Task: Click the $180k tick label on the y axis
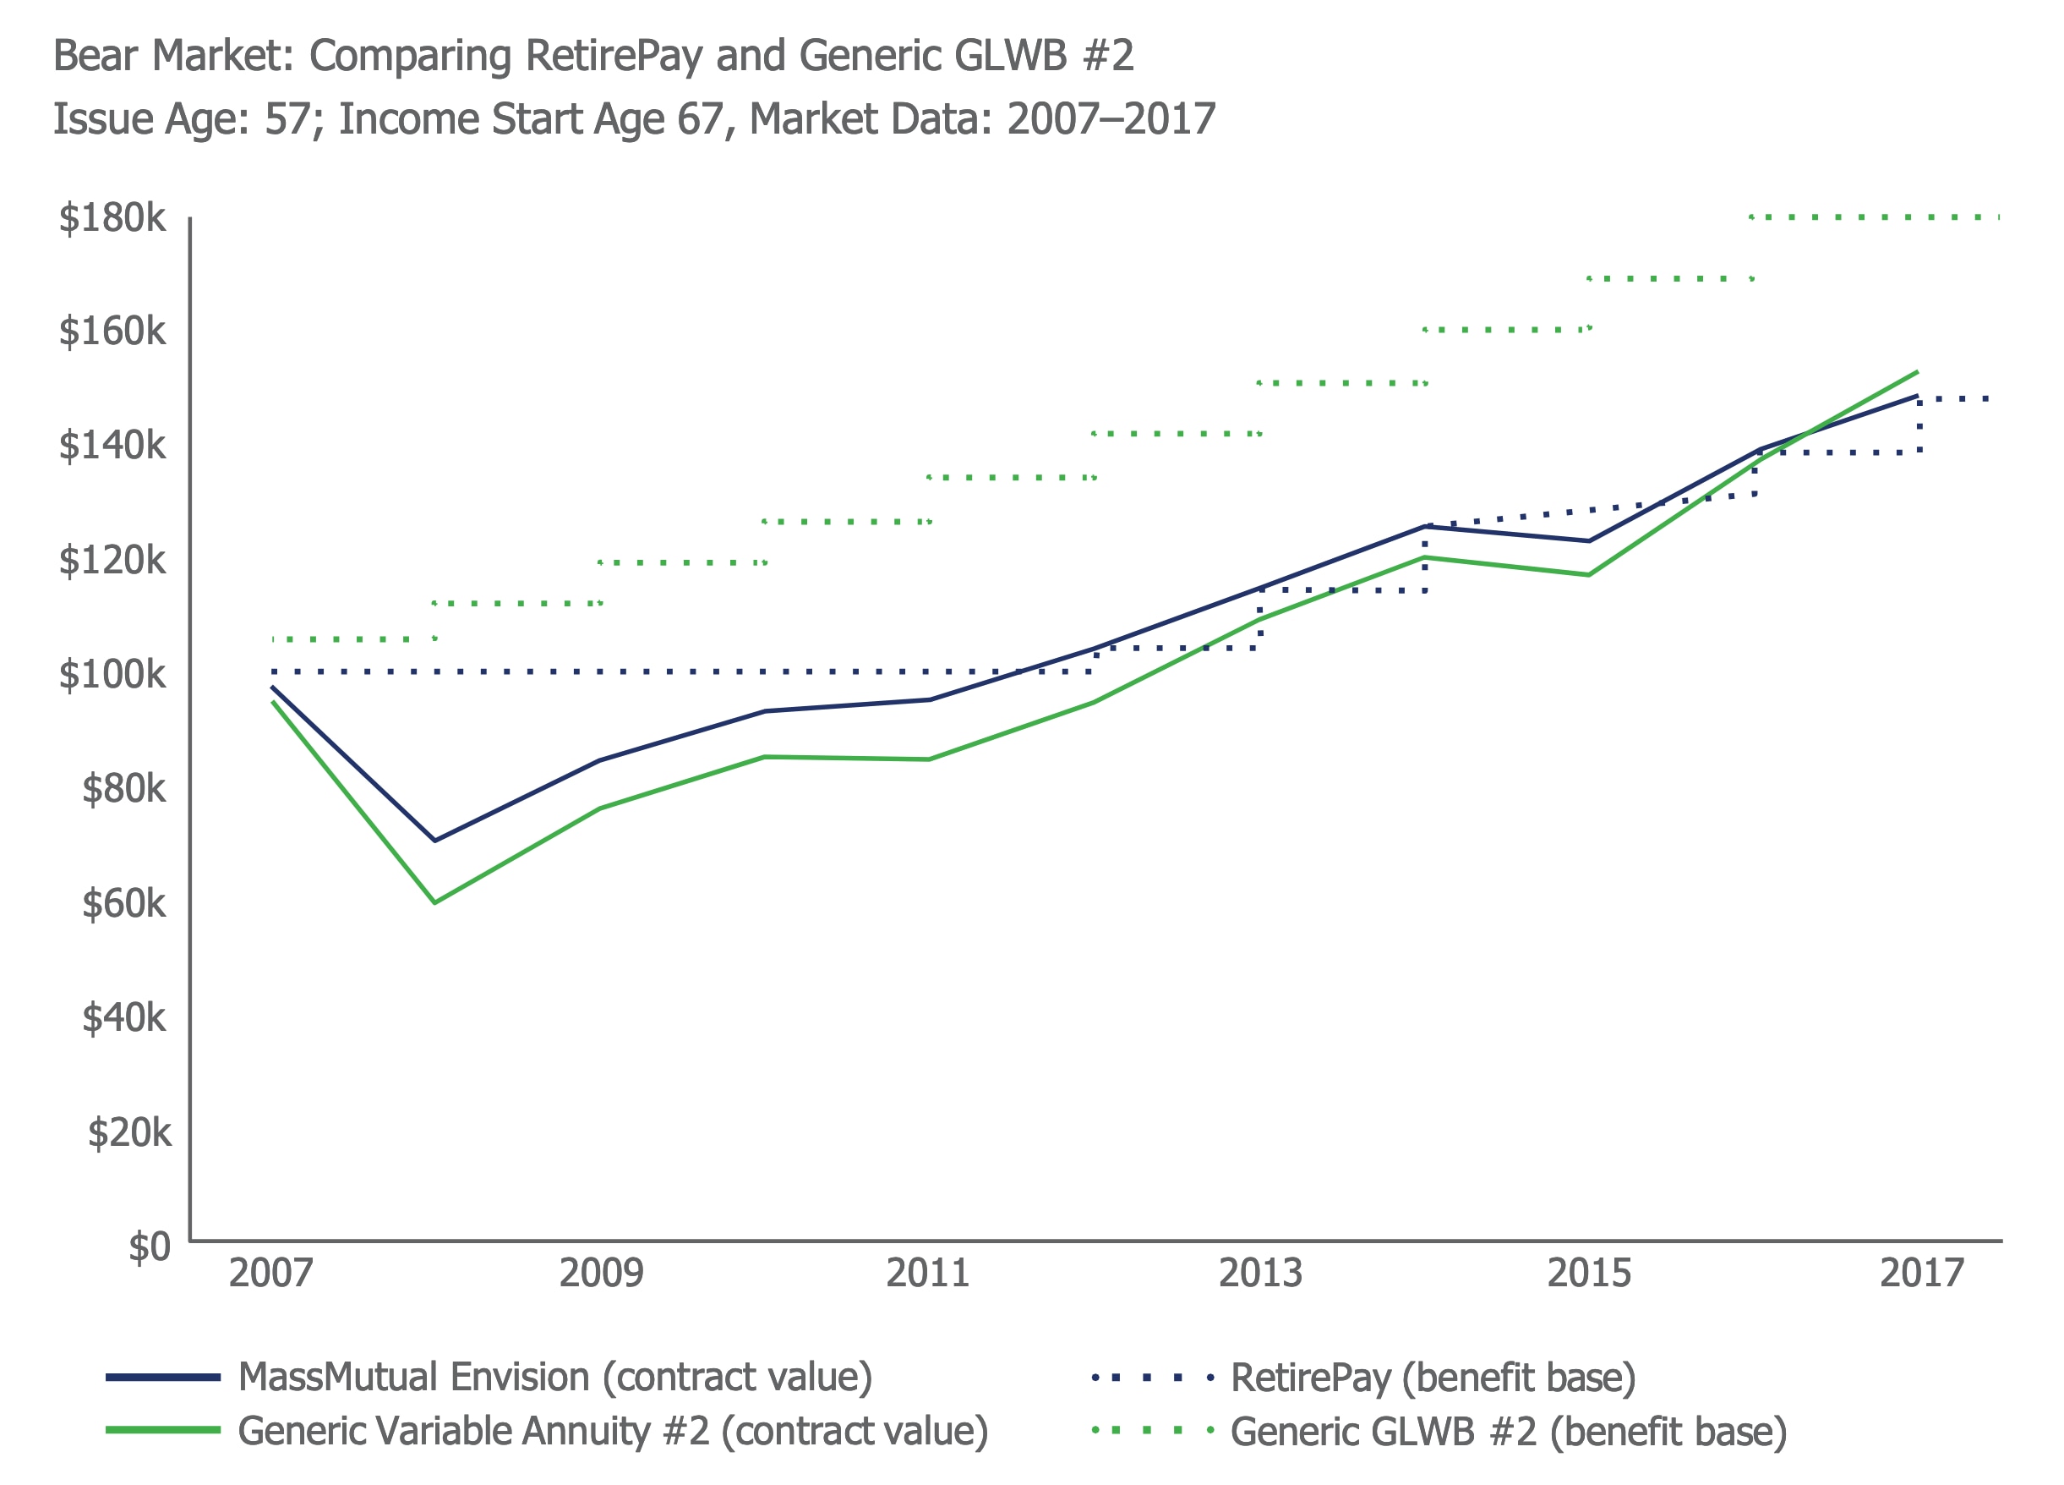pos(112,218)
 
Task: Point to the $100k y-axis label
pos(112,675)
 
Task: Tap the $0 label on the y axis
pos(149,1247)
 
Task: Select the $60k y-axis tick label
pos(123,903)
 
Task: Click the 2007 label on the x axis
pos(270,1273)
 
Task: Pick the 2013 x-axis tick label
pos(1260,1273)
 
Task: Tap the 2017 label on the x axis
pos(1921,1273)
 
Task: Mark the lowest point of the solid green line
pos(435,902)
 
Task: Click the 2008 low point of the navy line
pos(435,841)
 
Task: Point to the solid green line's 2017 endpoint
pos(1918,371)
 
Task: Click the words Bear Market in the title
pos(173,56)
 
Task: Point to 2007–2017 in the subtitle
pos(1111,119)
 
